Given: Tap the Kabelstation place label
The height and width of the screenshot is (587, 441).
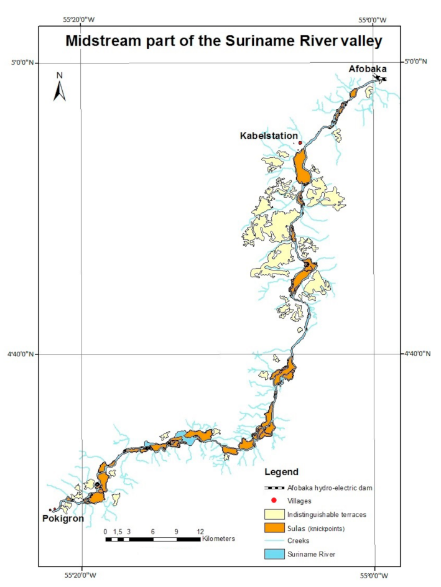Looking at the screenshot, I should click(x=269, y=135).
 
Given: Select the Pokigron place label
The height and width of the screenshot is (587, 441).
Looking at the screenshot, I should click(x=63, y=518).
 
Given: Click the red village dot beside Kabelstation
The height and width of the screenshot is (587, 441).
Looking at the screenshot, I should click(x=300, y=143).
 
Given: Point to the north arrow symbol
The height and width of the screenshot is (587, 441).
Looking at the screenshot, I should click(x=60, y=91).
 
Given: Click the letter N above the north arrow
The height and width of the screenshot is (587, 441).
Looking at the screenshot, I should click(x=60, y=75).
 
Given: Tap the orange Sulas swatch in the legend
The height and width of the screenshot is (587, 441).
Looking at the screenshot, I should click(x=274, y=527).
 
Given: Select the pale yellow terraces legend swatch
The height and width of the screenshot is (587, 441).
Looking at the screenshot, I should click(x=274, y=514).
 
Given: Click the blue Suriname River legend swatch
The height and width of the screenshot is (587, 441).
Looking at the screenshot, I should click(x=274, y=553).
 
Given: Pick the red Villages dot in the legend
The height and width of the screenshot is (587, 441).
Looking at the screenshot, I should click(x=274, y=501).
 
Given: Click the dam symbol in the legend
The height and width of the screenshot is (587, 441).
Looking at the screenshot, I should click(x=274, y=488).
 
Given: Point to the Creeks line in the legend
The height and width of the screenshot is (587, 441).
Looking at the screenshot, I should click(x=274, y=540).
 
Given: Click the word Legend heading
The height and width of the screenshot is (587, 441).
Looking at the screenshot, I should click(x=281, y=472).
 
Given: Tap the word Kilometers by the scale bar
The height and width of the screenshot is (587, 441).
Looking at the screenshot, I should click(x=218, y=538).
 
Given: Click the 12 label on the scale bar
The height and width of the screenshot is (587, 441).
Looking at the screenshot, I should click(x=200, y=531).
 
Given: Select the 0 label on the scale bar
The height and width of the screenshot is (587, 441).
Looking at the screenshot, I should click(x=106, y=531).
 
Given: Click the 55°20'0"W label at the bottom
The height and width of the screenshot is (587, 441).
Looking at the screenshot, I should click(x=81, y=575).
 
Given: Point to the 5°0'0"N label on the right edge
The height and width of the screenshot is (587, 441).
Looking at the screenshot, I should click(x=415, y=62).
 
